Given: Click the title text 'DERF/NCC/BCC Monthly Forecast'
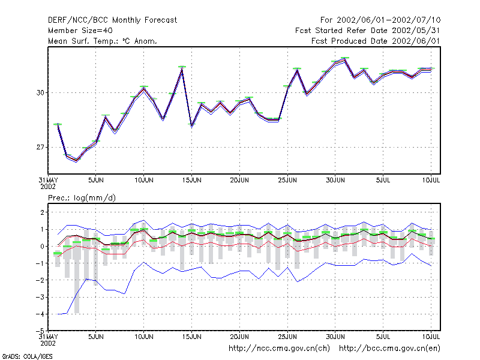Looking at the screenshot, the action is click(x=112, y=20).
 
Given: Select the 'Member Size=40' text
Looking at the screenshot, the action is click(x=80, y=31).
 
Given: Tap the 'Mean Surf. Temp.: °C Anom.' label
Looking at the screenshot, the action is click(x=103, y=41).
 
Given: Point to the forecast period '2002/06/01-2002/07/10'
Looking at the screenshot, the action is click(x=388, y=20).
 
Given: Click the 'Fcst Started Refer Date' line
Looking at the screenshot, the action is click(x=341, y=31).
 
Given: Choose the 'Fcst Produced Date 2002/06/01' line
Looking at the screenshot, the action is click(x=376, y=41).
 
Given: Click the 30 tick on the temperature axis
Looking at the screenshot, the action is click(x=40, y=93).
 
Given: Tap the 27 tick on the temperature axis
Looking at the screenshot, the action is click(x=40, y=147).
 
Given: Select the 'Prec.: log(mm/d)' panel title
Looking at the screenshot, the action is click(x=82, y=198).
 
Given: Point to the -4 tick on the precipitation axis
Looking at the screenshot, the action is click(x=40, y=314).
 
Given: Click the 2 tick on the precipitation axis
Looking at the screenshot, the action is click(x=42, y=212).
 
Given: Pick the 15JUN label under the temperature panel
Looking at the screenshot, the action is click(x=191, y=181).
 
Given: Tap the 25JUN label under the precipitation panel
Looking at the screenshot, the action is click(x=287, y=337).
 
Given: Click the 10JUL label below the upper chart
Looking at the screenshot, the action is click(x=431, y=181).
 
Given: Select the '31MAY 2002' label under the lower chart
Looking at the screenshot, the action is click(x=49, y=340).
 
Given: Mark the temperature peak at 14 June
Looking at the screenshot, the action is click(x=182, y=69).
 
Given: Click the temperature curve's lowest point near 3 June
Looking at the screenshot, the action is click(x=76, y=160).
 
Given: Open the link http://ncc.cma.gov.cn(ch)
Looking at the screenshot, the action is click(x=279, y=349).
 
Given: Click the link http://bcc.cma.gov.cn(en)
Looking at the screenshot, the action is click(x=389, y=349).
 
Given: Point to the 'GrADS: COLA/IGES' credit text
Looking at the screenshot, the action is click(x=27, y=356).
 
